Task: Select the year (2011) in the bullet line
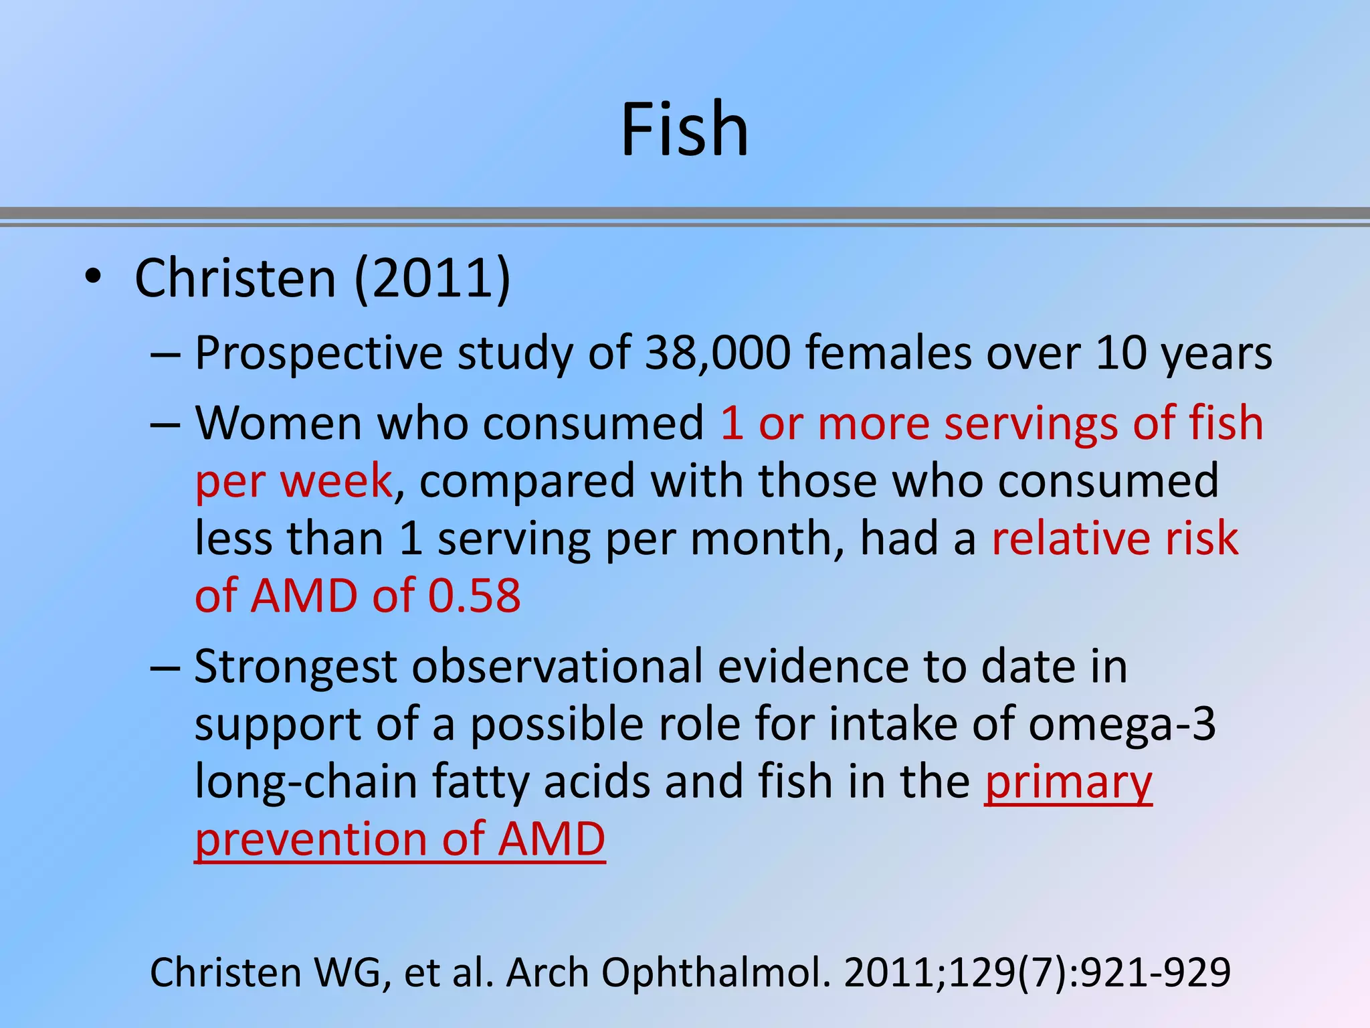tap(432, 278)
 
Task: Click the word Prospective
tap(318, 353)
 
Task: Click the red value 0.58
tap(474, 596)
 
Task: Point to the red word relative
tap(1070, 539)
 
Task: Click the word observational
tap(557, 667)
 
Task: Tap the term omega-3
tap(1122, 725)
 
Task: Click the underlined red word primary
tap(1068, 782)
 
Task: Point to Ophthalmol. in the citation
tap(715, 972)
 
